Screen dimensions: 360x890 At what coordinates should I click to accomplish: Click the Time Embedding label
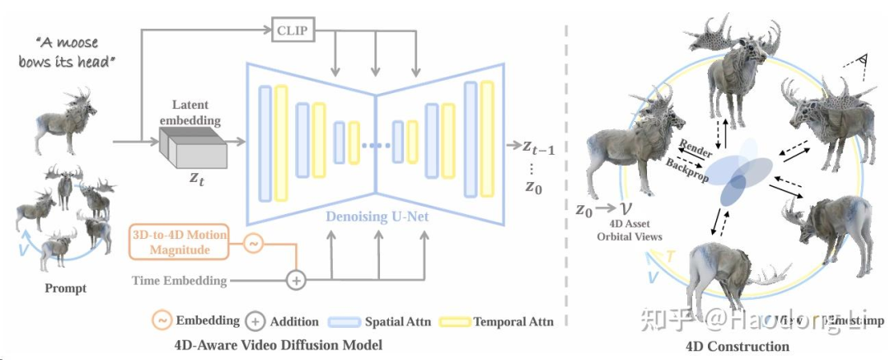[x=179, y=280]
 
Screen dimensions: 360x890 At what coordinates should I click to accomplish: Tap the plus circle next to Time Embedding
[x=295, y=280]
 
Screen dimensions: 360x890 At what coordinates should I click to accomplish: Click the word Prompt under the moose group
[x=66, y=289]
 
